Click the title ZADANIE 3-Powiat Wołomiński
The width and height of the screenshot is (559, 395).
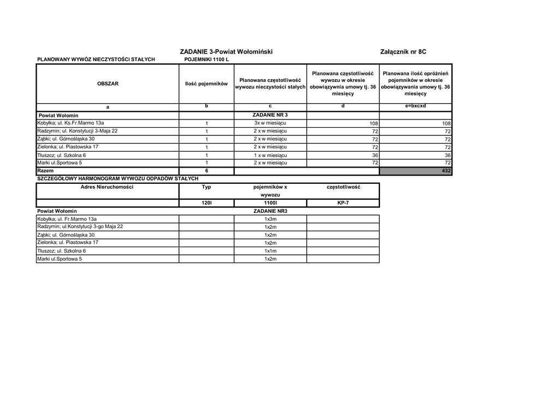coord(226,52)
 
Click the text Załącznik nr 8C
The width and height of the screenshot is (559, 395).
coord(403,52)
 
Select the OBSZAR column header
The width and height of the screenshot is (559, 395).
coord(108,84)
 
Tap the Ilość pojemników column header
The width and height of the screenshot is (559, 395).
coord(206,84)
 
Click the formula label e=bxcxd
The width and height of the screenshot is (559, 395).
coord(415,106)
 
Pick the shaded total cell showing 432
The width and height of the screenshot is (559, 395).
coord(416,171)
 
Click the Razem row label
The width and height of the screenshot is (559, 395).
coord(46,171)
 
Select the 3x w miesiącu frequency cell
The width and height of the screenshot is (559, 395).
coord(270,123)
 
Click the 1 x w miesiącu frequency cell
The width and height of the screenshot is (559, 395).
coord(270,155)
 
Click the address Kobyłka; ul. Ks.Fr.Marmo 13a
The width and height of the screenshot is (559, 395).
coord(70,123)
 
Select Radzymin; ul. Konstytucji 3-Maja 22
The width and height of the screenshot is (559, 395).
coord(77,131)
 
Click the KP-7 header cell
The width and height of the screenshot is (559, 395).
coord(343,203)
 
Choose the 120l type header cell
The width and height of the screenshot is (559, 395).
coord(206,203)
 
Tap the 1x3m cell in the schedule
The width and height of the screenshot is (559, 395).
coord(270,219)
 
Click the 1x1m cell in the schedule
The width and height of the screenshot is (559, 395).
coord(270,251)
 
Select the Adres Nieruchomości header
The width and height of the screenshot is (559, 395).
coord(107,187)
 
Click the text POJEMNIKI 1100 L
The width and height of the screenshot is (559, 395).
coord(207,59)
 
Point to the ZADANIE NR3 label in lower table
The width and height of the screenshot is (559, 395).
coord(270,211)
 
